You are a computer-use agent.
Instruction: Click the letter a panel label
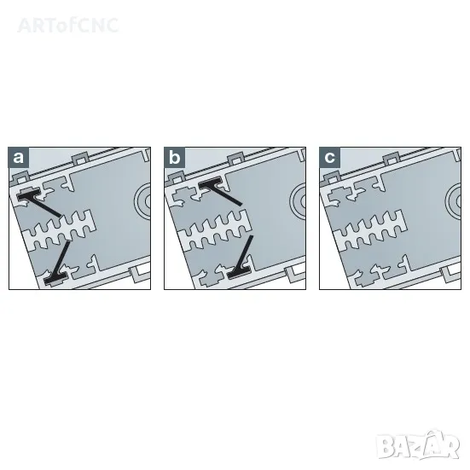(19, 157)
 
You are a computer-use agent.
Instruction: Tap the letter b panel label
(175, 157)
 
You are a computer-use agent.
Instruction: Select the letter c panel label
(330, 157)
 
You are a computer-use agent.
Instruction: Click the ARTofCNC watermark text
(68, 26)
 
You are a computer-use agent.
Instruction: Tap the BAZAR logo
(418, 446)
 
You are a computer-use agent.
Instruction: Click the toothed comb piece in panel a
(60, 230)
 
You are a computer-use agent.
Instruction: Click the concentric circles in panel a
(143, 201)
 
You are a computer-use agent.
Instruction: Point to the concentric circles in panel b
(299, 201)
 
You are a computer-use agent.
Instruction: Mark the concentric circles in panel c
(454, 201)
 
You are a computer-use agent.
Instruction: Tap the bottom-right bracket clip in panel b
(293, 275)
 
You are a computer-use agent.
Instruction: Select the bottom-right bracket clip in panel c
(449, 275)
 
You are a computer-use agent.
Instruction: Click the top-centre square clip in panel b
(236, 160)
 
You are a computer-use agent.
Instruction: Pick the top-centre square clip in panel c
(392, 160)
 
